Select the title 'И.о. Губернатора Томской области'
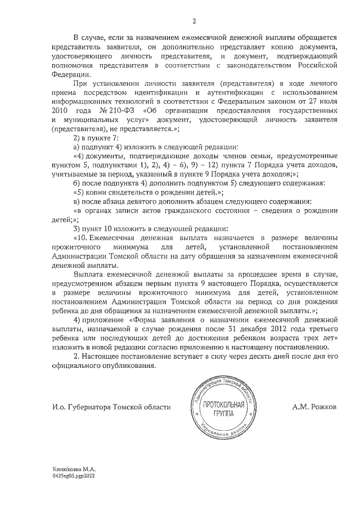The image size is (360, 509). point(111,407)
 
